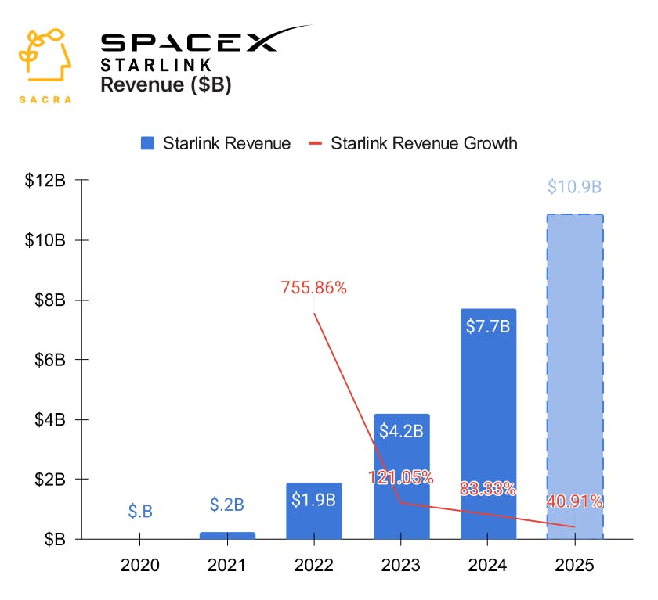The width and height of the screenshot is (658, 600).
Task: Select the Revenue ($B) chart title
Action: (166, 85)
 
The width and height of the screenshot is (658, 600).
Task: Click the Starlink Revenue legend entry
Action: (215, 143)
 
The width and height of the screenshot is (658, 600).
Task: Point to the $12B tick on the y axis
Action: (46, 181)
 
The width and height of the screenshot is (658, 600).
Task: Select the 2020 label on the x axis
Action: (140, 565)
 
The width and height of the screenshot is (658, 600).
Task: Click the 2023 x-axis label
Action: (401, 565)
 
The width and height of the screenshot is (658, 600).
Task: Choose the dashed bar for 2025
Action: (575, 375)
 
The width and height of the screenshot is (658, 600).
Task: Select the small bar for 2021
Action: (227, 535)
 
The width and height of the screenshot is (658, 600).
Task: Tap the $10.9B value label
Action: (575, 187)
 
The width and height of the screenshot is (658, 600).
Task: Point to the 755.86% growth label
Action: (313, 288)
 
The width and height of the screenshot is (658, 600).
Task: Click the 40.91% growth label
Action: (575, 501)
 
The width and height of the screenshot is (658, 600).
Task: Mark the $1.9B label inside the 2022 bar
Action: (314, 500)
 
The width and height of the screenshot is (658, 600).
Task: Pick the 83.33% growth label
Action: (488, 490)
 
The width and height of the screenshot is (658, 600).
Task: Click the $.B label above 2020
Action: (140, 512)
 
